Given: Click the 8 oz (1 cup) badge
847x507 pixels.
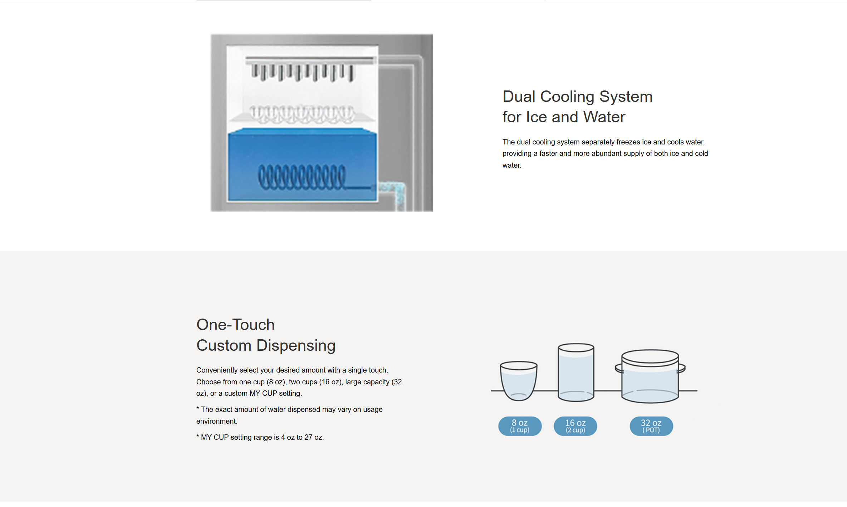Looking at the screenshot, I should pyautogui.click(x=520, y=426).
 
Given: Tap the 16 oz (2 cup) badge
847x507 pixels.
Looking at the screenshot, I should pyautogui.click(x=575, y=426).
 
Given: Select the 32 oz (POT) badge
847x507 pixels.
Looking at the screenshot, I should pyautogui.click(x=651, y=426).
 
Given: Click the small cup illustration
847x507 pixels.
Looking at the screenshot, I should pyautogui.click(x=518, y=380).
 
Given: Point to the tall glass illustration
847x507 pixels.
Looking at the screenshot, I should pyautogui.click(x=576, y=372).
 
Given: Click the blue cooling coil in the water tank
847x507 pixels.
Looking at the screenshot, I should pyautogui.click(x=302, y=177).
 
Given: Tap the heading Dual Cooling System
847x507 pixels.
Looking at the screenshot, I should pyautogui.click(x=577, y=97).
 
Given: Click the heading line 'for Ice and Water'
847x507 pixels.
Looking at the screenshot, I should pyautogui.click(x=564, y=117).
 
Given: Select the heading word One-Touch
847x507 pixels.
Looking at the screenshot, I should pyautogui.click(x=235, y=325).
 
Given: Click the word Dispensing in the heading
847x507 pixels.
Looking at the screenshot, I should pyautogui.click(x=296, y=345).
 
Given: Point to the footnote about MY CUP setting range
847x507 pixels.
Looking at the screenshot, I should pyautogui.click(x=260, y=437).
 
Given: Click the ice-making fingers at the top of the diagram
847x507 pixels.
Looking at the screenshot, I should pyautogui.click(x=302, y=72).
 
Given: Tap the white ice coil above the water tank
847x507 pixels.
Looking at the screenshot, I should pyautogui.click(x=302, y=114).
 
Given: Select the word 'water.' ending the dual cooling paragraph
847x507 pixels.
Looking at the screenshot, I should pyautogui.click(x=512, y=165).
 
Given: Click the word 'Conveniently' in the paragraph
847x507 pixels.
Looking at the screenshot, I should pyautogui.click(x=217, y=370).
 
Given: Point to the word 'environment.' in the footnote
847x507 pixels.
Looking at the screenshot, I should pyautogui.click(x=217, y=421).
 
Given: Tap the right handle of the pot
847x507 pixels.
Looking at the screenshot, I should pyautogui.click(x=682, y=368).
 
